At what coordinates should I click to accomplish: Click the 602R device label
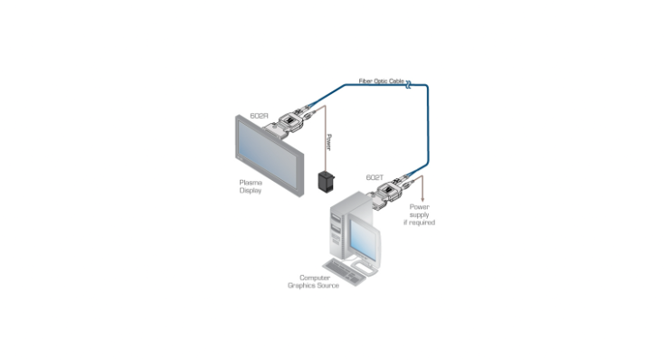tap(259, 116)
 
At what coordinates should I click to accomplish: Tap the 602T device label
tap(375, 177)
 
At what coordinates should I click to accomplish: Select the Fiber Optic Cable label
tap(382, 81)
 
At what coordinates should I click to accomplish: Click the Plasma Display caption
tap(251, 186)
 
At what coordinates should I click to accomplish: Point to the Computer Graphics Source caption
tap(313, 281)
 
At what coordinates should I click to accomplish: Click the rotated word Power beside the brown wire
tap(329, 142)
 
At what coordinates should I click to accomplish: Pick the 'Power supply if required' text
tap(419, 214)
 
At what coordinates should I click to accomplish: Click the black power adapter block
tap(326, 181)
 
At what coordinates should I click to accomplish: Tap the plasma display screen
tap(268, 155)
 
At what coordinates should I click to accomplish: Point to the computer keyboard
tap(345, 272)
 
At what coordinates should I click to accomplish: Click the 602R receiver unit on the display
tap(289, 123)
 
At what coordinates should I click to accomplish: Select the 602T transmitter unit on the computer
tap(390, 193)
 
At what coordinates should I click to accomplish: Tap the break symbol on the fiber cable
tap(408, 85)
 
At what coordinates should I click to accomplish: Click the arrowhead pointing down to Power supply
tap(422, 199)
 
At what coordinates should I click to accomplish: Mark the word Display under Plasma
tap(251, 191)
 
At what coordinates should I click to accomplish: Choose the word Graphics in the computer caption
tap(300, 286)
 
